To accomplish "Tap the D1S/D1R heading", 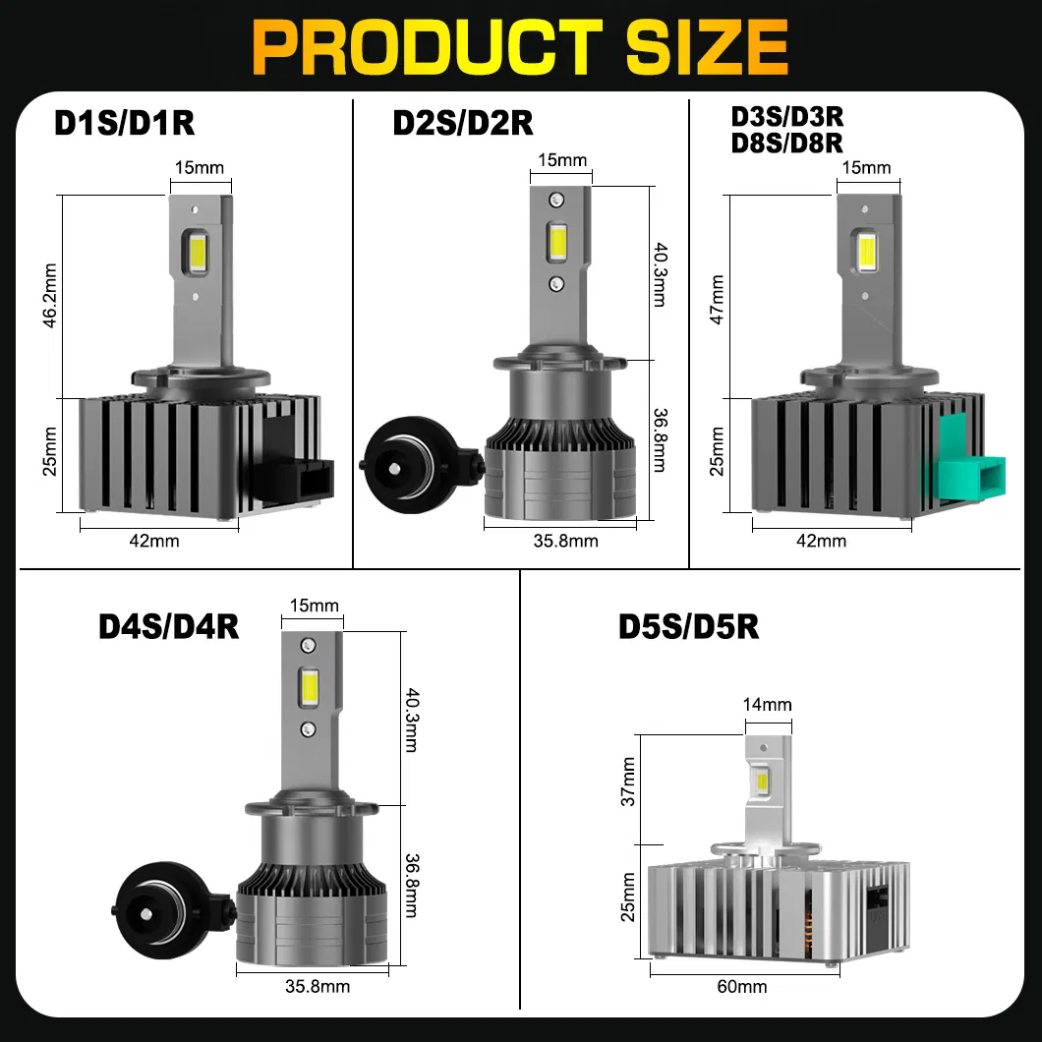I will click(124, 124).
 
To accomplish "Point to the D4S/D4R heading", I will click(169, 626).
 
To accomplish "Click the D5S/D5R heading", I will click(689, 626).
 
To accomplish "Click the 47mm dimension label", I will click(717, 299).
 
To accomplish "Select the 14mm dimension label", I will click(767, 704).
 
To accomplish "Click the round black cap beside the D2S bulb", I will click(394, 463).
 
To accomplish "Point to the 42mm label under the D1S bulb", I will click(160, 540).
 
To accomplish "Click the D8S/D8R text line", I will click(787, 143).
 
